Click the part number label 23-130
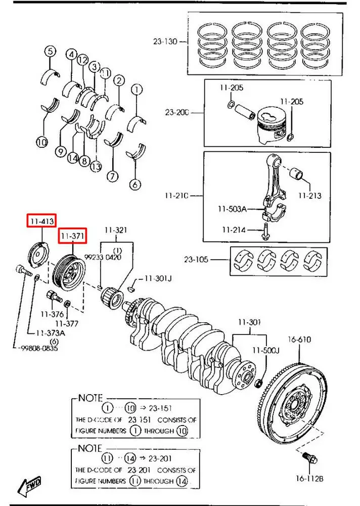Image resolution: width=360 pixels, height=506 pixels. (x=165, y=41)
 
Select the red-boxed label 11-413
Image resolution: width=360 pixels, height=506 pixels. (x=42, y=221)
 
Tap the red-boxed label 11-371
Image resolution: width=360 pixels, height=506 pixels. (x=73, y=236)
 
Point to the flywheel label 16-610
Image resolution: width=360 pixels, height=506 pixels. (x=300, y=339)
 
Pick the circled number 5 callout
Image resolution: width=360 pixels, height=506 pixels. (x=50, y=51)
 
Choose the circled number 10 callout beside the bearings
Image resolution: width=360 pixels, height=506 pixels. (x=42, y=142)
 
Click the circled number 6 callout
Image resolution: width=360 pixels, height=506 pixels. (x=134, y=185)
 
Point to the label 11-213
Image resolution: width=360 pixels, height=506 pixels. (x=309, y=195)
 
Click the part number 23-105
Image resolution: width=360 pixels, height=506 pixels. (x=195, y=260)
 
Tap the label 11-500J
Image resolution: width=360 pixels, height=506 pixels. (x=263, y=350)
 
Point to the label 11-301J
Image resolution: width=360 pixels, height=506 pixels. (x=158, y=279)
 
